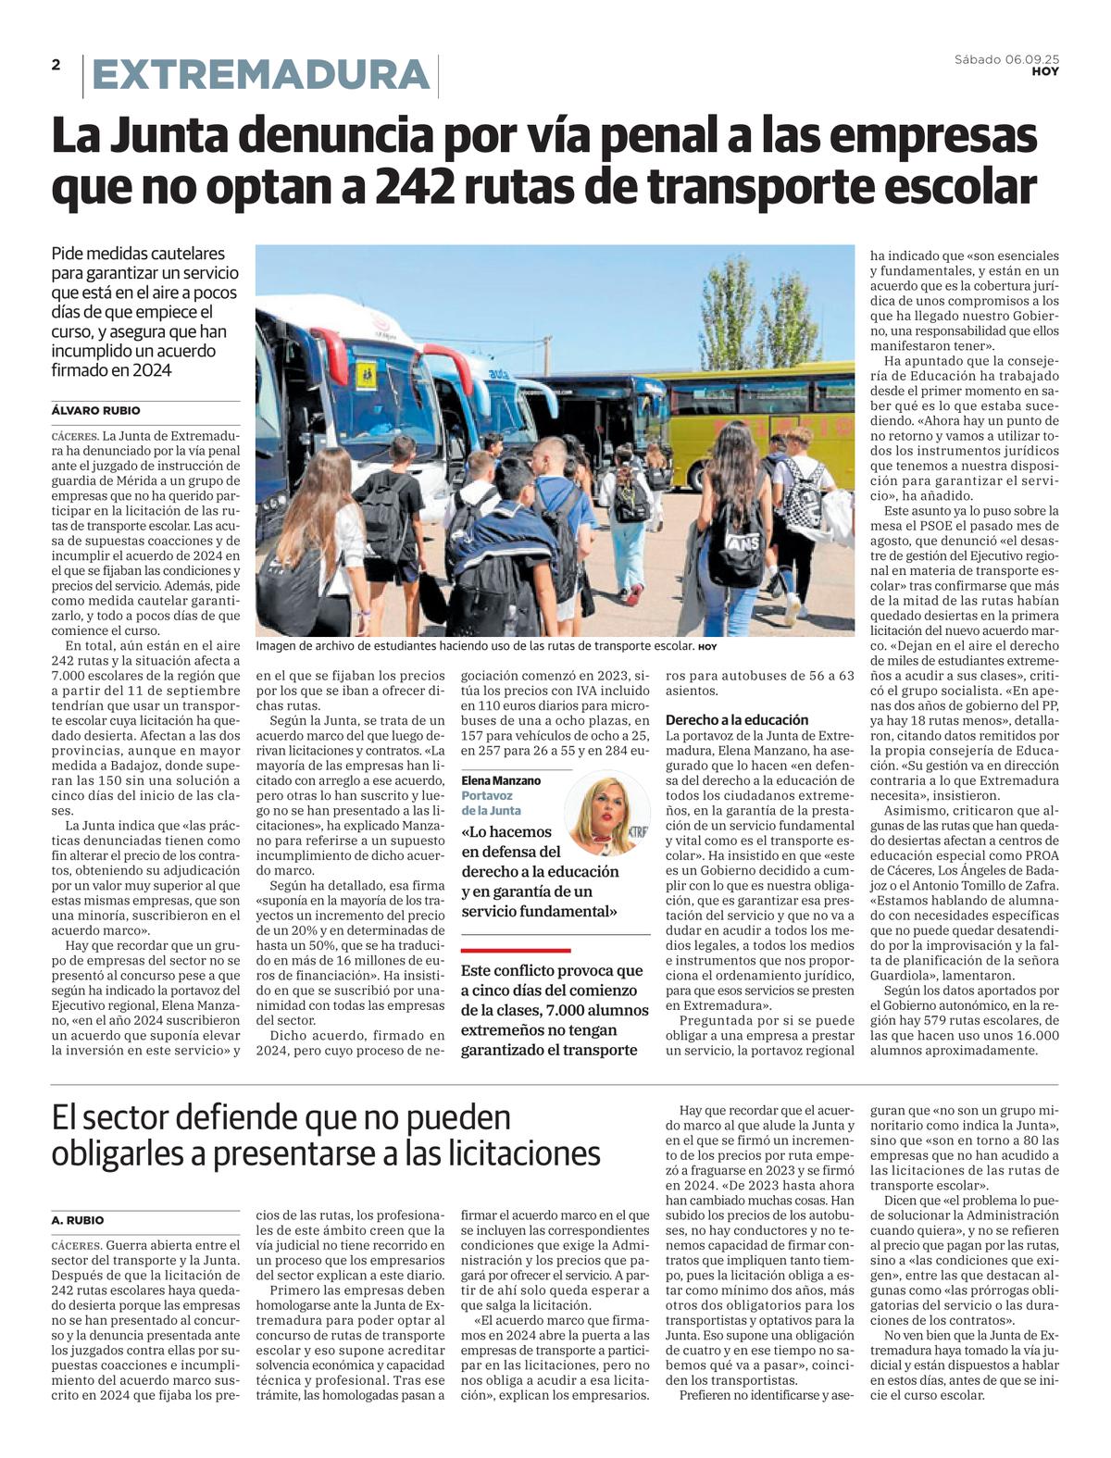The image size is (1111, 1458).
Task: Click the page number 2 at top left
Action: pos(56,65)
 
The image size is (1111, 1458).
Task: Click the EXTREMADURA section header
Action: pos(261,75)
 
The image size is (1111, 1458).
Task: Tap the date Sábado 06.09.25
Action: pos(1006,59)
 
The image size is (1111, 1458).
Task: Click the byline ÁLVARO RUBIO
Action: pos(96,410)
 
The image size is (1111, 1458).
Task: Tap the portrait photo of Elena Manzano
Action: pos(607,813)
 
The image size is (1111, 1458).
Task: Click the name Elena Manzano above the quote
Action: pos(501,780)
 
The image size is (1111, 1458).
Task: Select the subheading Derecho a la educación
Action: pos(737,719)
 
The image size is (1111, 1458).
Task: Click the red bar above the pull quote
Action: pos(516,950)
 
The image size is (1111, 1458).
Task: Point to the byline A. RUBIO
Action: pos(78,1220)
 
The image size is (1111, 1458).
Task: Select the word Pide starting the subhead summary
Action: pos(69,254)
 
